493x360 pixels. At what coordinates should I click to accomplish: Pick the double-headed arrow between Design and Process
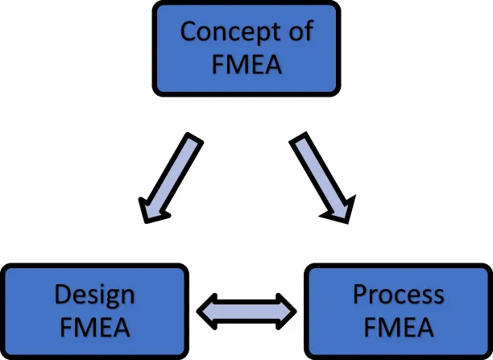246,311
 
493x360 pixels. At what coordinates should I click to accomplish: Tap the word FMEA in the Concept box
246,63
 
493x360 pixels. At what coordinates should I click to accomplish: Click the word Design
94,295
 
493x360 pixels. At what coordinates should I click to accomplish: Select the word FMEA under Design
94,328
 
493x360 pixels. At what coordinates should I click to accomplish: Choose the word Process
398,295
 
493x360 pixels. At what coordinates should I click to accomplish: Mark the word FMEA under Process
398,328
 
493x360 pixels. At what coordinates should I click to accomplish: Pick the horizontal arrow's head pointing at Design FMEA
208,311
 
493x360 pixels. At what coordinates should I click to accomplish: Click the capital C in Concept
188,32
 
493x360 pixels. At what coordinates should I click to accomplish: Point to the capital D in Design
63,295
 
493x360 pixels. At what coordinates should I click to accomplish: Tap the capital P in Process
361,295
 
